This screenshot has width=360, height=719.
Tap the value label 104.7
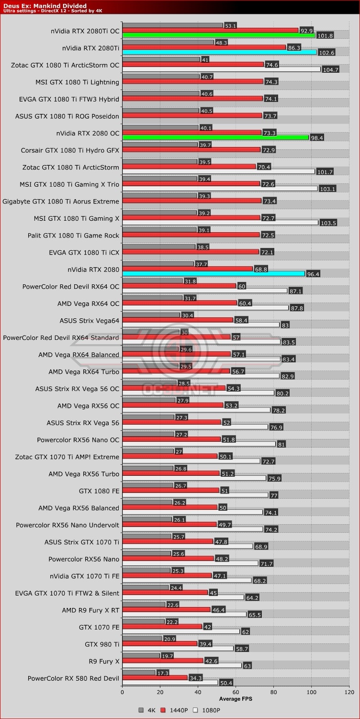[331, 69]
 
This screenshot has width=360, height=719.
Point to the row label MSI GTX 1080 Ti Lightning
[77, 82]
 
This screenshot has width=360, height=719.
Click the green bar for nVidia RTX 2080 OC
[215, 137]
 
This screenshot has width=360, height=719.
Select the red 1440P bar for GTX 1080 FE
[170, 490]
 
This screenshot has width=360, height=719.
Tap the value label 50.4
[225, 682]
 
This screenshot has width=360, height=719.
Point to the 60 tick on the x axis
[236, 692]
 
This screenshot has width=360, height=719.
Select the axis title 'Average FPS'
[236, 699]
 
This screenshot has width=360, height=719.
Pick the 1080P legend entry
[208, 710]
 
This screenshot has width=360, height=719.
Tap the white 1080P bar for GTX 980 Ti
[178, 649]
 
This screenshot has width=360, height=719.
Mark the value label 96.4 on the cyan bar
[313, 274]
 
